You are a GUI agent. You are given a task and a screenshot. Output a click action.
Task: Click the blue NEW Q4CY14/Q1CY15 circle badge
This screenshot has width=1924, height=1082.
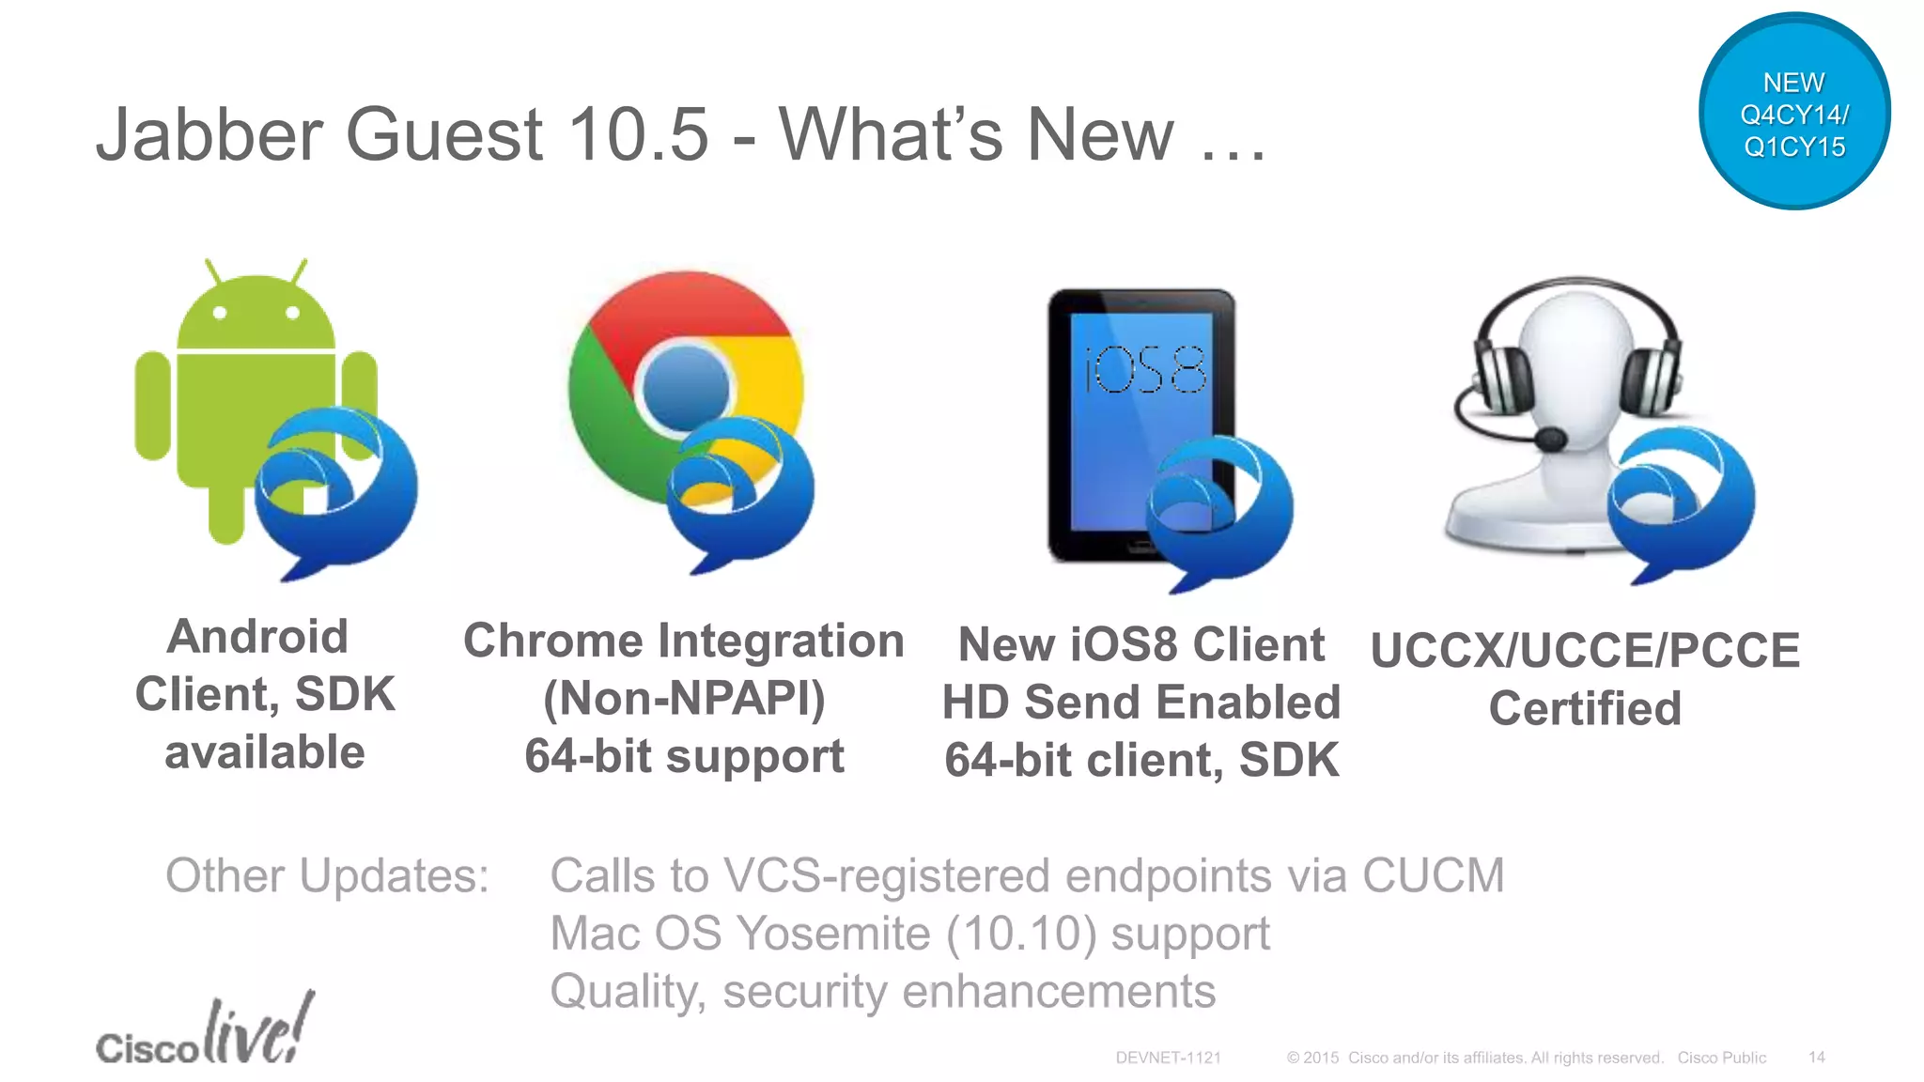[x=1793, y=112]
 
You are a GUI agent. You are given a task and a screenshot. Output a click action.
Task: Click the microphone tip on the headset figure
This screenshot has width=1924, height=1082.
[x=1550, y=438]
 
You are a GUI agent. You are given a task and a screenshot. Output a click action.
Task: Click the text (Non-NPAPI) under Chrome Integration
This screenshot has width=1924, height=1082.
[x=684, y=698]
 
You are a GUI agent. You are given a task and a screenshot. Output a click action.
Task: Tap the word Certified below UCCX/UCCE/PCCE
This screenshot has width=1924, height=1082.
[x=1585, y=708]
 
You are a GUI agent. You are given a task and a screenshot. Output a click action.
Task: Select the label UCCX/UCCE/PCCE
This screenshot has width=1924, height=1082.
[x=1585, y=650]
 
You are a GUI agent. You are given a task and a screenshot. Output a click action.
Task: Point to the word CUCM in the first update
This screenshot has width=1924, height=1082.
[x=1433, y=875]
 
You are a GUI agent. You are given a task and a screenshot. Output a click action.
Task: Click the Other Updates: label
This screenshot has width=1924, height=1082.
[x=327, y=875]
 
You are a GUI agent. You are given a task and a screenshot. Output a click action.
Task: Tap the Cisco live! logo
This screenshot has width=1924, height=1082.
[x=205, y=1033]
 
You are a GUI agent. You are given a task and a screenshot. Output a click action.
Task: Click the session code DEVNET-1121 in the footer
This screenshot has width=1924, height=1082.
[x=1168, y=1058]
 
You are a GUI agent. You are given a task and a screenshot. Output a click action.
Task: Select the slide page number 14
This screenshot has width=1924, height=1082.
[x=1816, y=1058]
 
